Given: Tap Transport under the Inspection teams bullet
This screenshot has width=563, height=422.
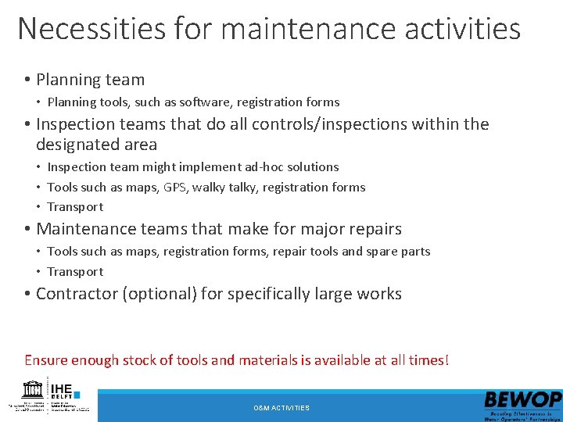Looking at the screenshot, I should [75, 206].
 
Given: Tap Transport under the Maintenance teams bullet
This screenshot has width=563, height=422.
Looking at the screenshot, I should [75, 271].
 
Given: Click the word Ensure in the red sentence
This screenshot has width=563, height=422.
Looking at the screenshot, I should [46, 360].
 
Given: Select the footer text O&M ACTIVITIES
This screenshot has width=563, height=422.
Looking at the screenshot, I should [281, 408].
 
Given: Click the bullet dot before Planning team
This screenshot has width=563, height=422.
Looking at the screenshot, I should [27, 80].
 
